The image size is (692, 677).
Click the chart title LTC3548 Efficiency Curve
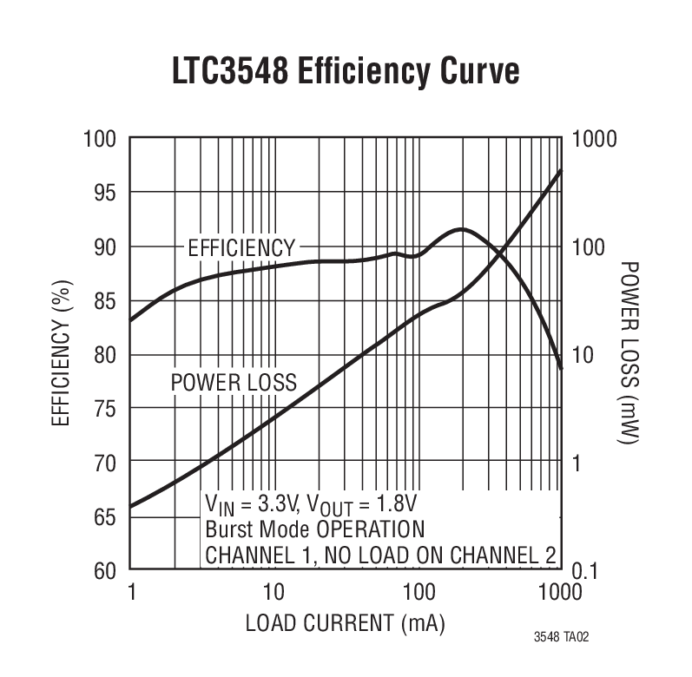[346, 71]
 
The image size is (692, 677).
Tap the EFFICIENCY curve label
[241, 248]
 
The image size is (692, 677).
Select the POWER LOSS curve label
[234, 382]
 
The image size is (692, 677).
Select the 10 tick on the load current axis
[274, 592]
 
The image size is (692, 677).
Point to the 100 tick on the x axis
[418, 592]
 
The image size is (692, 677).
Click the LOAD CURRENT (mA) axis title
[346, 623]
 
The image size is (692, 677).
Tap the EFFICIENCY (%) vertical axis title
[61, 356]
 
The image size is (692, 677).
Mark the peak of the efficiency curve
[461, 229]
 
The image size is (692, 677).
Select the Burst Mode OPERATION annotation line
[315, 529]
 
